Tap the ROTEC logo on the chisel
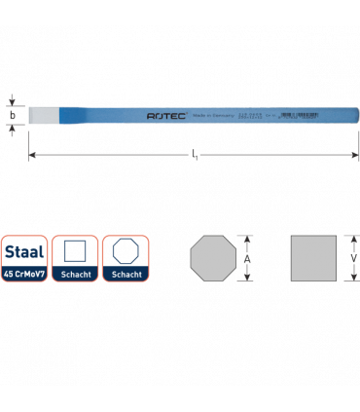pos(162,115)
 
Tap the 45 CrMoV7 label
pos(22,275)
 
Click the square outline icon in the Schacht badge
pos(73,252)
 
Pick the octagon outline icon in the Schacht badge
pos(125,252)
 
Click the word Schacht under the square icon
pos(73,275)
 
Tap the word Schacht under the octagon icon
pos(125,275)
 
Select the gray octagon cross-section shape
pos(214,258)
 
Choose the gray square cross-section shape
pos(313,258)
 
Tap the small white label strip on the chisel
pos(300,114)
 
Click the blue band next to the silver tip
pos(76,115)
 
